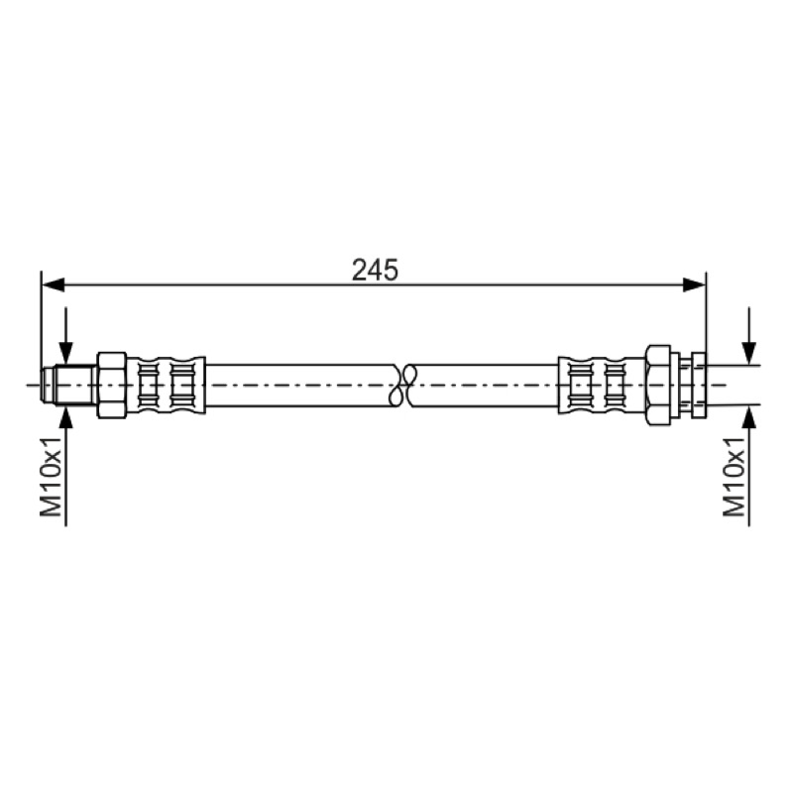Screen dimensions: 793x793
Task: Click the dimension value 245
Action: click(x=376, y=270)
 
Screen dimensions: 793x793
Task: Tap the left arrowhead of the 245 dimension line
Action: click(x=53, y=284)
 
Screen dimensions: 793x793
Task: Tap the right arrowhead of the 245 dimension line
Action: click(x=693, y=284)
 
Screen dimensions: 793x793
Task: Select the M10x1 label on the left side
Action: click(x=52, y=476)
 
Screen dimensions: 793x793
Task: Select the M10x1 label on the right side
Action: click(x=735, y=476)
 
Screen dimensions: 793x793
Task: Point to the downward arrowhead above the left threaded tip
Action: click(x=65, y=353)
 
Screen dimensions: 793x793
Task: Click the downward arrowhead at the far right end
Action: click(x=749, y=353)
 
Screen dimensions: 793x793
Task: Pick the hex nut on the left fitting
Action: click(x=112, y=385)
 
